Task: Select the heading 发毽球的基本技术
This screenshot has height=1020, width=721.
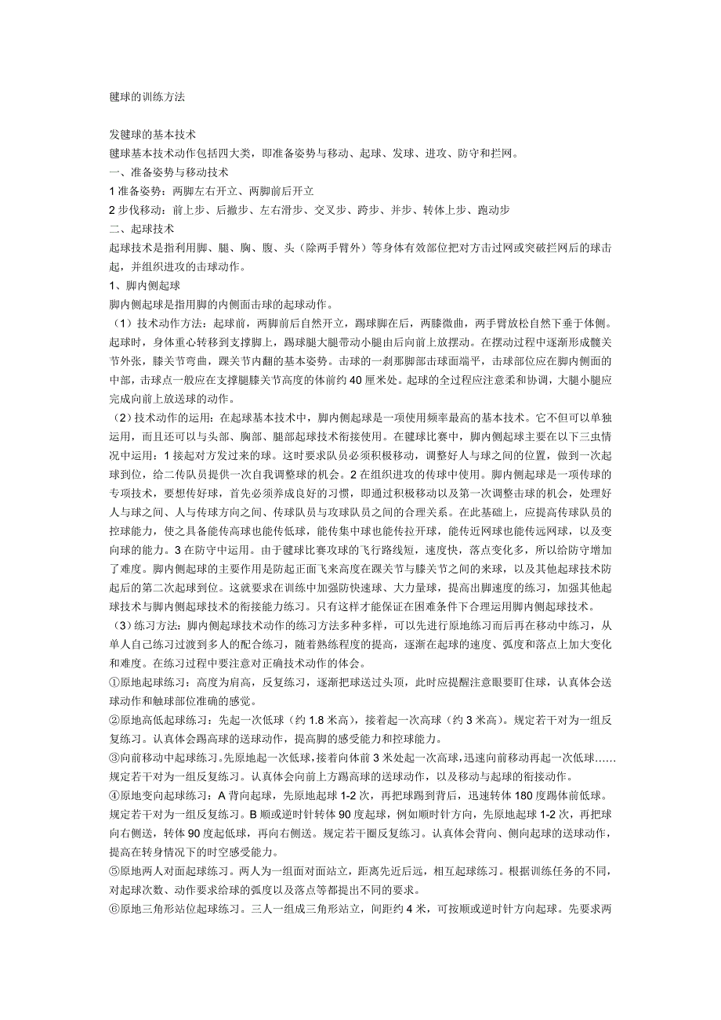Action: (153, 135)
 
